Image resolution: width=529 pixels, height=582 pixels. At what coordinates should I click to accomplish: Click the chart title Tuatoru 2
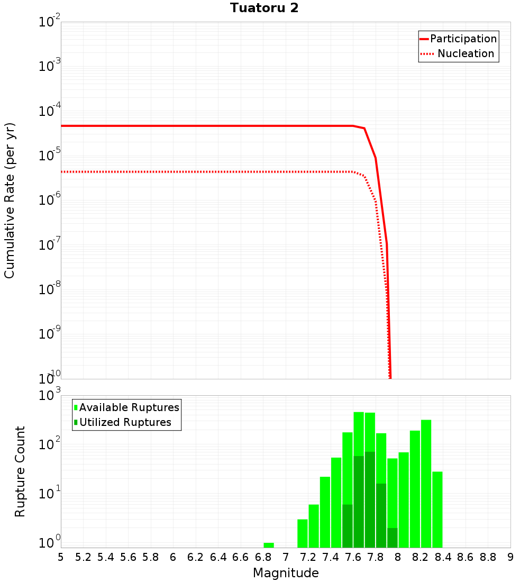[x=264, y=8]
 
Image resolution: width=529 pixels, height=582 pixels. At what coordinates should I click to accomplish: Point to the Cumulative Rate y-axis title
[x=10, y=200]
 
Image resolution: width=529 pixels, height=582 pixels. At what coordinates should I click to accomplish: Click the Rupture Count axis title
[x=20, y=471]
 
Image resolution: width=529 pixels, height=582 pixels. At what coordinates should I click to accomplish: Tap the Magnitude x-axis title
[x=286, y=572]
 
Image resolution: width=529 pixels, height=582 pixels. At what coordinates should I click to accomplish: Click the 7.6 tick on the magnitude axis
[x=353, y=557]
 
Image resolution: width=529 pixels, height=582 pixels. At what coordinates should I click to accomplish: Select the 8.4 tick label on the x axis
[x=443, y=557]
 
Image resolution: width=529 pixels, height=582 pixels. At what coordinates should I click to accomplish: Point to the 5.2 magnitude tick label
[x=83, y=557]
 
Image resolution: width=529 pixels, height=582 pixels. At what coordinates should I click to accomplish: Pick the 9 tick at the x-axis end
[x=510, y=557]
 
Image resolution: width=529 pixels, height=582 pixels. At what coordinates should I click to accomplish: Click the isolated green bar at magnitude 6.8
[x=269, y=545]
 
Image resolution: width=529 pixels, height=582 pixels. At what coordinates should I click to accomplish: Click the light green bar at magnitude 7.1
[x=303, y=533]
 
